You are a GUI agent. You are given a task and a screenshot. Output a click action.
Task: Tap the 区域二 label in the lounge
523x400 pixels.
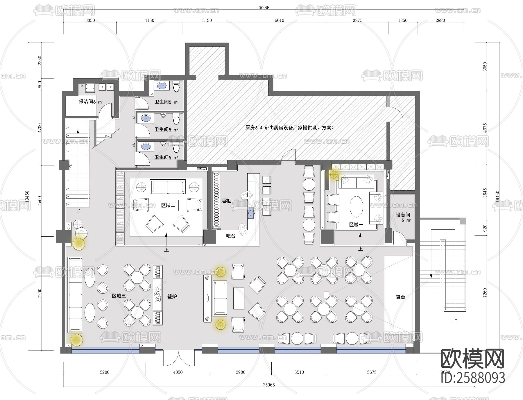coord(168,205)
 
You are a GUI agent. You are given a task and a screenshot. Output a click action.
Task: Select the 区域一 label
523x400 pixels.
coord(356,225)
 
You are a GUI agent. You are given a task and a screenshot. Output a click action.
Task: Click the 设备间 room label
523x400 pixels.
coord(403,215)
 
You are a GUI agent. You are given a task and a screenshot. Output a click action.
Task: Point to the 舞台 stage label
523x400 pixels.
coord(400,297)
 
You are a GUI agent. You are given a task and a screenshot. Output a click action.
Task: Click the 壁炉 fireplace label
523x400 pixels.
coord(172,297)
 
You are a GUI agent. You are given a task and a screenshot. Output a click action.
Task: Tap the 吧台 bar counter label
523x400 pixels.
coord(231,236)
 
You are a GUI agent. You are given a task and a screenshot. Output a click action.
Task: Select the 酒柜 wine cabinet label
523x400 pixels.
coord(226,201)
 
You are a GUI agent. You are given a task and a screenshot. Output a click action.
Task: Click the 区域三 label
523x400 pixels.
coord(119,296)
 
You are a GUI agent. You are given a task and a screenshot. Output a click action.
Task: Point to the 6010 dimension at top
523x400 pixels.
coord(279,20)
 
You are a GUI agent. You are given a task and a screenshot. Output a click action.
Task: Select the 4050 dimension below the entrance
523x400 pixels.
coord(178,372)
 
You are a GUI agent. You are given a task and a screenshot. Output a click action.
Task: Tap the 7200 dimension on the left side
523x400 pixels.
coord(40,293)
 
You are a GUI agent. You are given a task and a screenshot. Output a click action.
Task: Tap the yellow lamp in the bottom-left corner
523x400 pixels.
coord(76,340)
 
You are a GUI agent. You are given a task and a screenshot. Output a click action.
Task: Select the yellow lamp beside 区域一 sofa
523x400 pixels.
coord(334,174)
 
